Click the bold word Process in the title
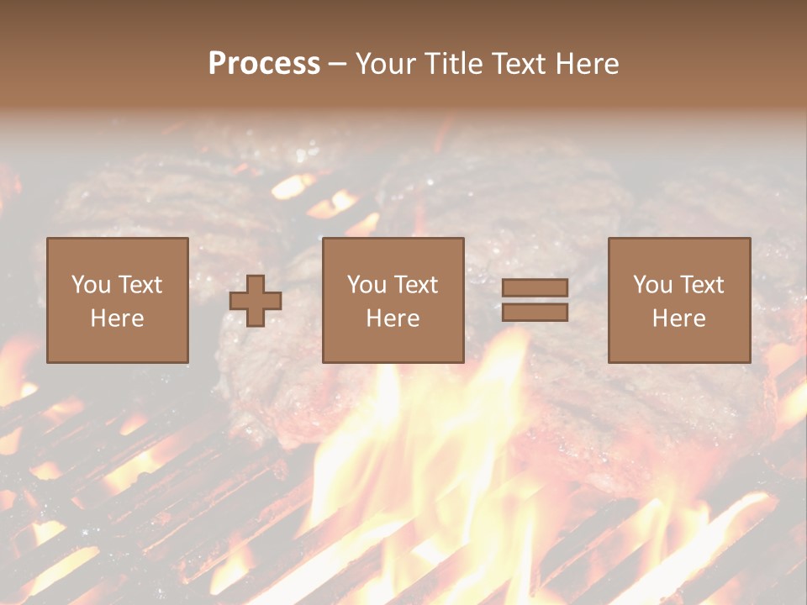point(264,64)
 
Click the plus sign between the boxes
point(256,301)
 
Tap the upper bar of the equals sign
point(535,288)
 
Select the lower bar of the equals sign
point(535,313)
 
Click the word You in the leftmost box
point(91,285)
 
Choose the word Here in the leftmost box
point(117,318)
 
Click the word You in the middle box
point(367,285)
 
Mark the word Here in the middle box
point(393,318)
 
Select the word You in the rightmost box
point(652,285)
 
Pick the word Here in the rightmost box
point(678,318)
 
